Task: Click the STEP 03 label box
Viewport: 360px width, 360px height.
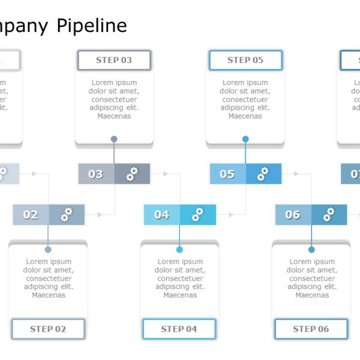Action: pos(114,60)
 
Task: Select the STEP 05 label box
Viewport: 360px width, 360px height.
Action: pos(245,60)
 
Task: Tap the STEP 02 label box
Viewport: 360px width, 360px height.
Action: pos(48,329)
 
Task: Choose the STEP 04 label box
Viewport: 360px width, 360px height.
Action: pos(179,329)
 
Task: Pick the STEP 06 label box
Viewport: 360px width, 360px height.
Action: pos(311,329)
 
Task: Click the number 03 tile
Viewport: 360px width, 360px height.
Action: pos(96,174)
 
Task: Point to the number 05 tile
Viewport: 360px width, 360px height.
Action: pos(227,174)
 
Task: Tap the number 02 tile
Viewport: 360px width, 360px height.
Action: pos(31,214)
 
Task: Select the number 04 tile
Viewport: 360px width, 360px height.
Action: pos(162,214)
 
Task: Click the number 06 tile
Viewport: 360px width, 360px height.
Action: pos(293,214)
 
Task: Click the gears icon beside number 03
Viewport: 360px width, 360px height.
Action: pos(132,174)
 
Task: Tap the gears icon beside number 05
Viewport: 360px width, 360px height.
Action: pos(263,174)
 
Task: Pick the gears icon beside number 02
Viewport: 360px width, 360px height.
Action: pos(66,214)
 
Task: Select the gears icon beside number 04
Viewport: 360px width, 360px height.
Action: pos(198,214)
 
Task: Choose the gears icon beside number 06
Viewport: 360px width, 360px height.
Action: pos(329,214)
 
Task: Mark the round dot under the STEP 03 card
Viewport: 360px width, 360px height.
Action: pos(114,139)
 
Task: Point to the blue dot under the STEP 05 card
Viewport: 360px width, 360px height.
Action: pos(245,139)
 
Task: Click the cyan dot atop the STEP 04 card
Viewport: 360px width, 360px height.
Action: pos(179,249)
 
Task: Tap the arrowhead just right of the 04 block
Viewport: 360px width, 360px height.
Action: pos(231,214)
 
